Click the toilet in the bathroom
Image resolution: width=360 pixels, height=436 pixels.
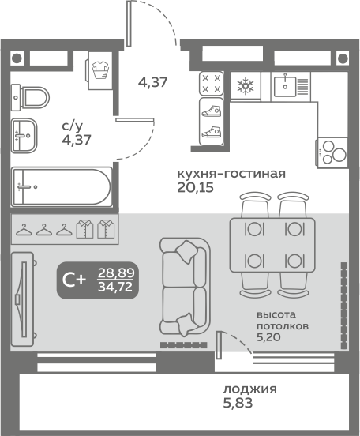coord(29,98)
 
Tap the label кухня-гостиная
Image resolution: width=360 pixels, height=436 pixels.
coord(230,173)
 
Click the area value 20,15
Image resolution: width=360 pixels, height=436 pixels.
coord(195,188)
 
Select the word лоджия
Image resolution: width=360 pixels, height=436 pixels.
coord(249,389)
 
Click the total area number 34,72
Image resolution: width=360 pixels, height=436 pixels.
coord(116,288)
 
